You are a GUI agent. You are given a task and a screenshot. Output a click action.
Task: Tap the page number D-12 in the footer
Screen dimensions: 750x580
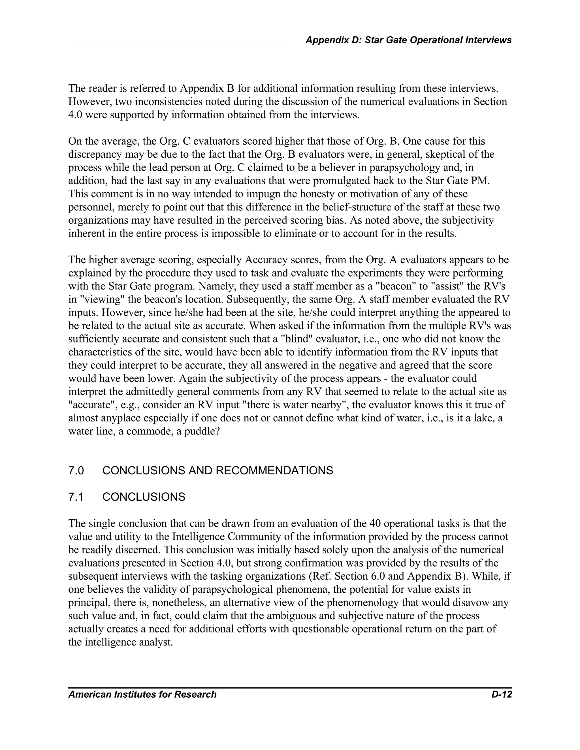[501, 694]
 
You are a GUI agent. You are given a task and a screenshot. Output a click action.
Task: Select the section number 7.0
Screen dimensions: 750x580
[76, 470]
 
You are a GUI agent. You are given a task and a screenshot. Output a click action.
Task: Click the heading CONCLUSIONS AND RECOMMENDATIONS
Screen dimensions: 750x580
[217, 470]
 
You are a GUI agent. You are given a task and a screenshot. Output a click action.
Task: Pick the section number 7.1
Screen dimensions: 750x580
[76, 497]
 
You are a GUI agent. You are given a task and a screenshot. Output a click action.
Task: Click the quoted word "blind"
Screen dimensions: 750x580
[297, 339]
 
